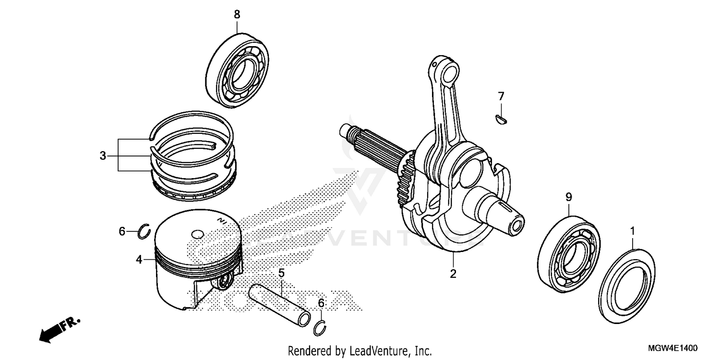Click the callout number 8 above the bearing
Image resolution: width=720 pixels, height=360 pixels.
point(237,14)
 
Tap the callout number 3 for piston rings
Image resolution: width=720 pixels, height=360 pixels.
point(103,156)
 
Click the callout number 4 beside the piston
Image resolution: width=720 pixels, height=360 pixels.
point(139,260)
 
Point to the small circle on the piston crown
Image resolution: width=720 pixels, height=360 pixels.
point(198,235)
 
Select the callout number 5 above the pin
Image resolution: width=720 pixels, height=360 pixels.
point(281,273)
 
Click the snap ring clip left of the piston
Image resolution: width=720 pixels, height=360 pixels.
point(144,232)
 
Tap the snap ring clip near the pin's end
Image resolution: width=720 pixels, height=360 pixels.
point(321,328)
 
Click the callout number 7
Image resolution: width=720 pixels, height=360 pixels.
point(501,96)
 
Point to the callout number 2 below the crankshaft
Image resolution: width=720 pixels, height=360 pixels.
point(453,274)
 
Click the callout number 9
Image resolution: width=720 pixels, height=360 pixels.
point(568,196)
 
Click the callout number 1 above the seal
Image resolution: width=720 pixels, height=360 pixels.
point(632,231)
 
